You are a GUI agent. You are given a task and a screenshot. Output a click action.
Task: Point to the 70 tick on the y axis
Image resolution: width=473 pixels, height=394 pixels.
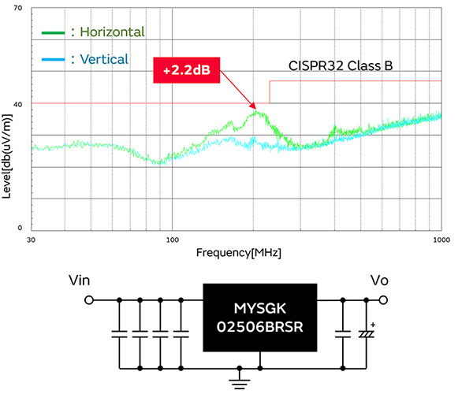tap(17, 7)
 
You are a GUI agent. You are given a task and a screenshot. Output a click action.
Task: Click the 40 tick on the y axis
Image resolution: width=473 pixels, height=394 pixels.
tap(17, 103)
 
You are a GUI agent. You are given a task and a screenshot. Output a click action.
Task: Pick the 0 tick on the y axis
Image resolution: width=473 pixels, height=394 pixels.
tap(20, 228)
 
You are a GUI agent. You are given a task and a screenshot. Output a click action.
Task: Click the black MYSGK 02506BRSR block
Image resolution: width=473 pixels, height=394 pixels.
tap(261, 318)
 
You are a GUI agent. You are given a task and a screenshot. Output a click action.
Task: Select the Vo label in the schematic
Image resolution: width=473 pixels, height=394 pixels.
tap(380, 280)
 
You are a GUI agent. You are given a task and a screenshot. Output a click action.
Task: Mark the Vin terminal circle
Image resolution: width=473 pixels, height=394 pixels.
tap(89, 300)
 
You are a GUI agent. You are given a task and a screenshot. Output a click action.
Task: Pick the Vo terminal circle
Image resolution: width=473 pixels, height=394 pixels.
tap(384, 300)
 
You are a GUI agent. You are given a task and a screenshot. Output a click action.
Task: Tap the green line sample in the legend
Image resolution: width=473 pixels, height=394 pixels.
tap(54, 33)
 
